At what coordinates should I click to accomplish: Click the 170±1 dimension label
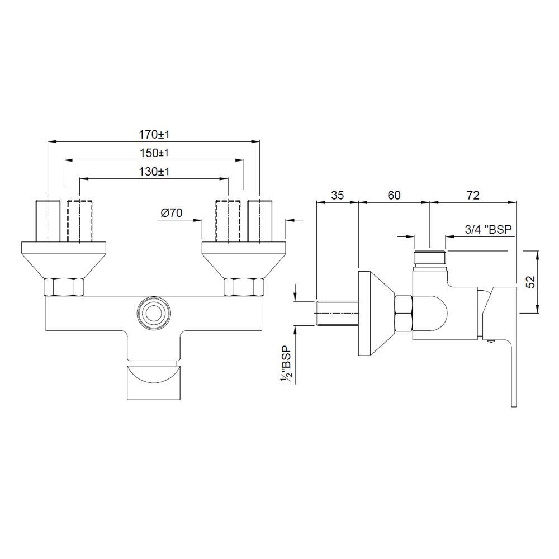click(x=154, y=135)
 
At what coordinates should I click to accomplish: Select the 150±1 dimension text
click(x=154, y=153)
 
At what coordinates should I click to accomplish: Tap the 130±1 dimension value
click(x=154, y=172)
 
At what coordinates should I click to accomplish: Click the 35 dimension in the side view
click(x=337, y=195)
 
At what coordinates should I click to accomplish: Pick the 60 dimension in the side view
click(x=394, y=195)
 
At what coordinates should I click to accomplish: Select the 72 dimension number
click(x=473, y=195)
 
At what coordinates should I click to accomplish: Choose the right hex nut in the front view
click(x=243, y=287)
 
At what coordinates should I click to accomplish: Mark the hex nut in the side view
click(x=404, y=313)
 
